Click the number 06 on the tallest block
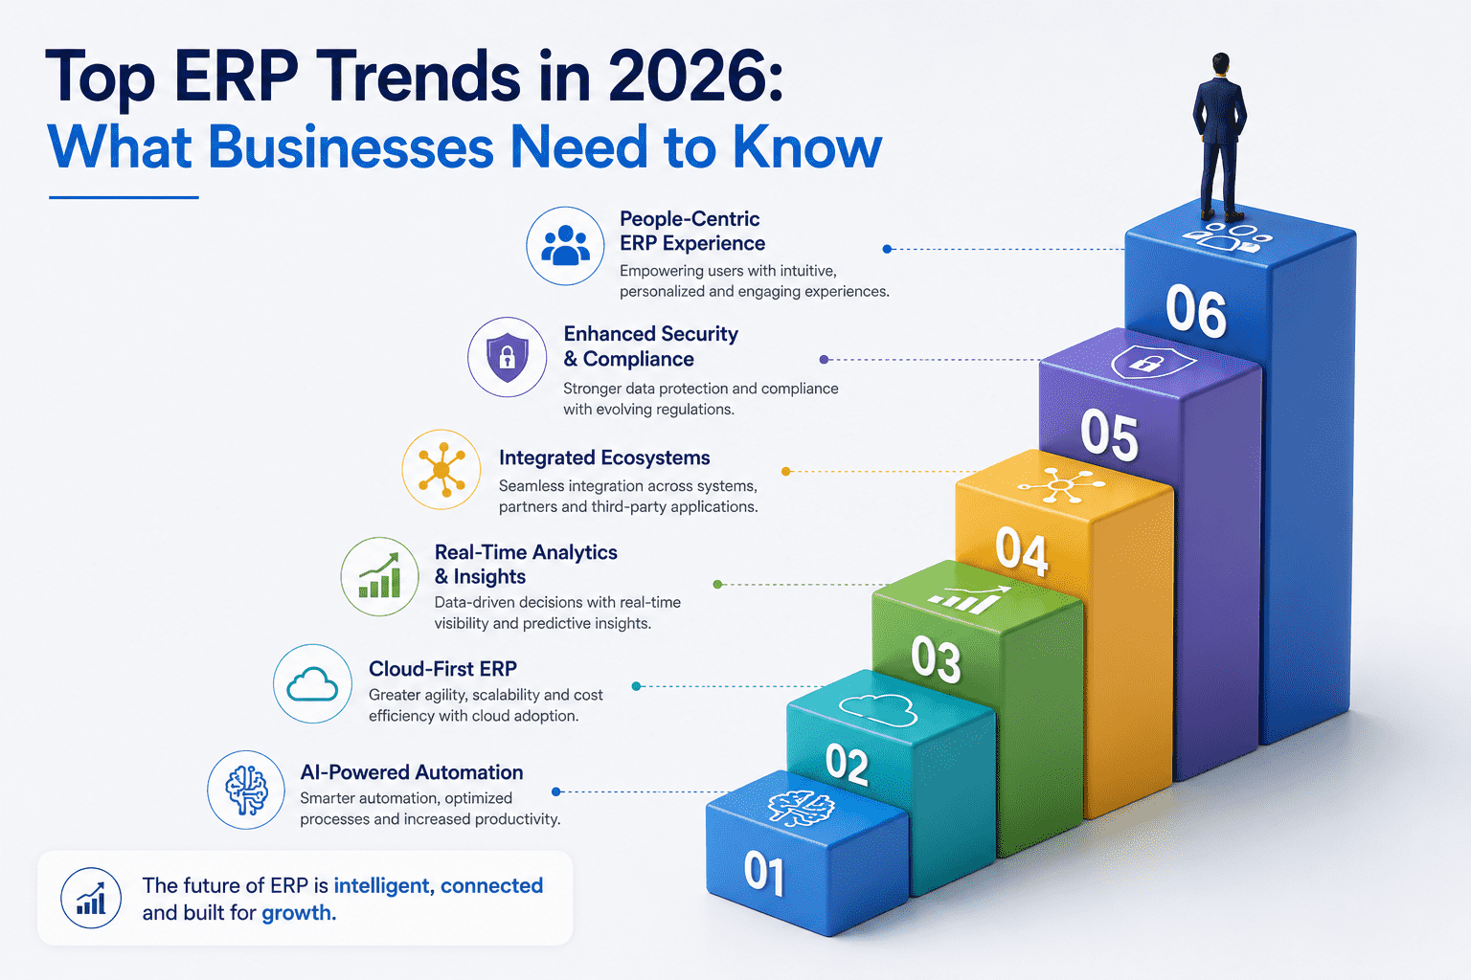1196,313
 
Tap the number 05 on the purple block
1109,434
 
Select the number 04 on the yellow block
1022,551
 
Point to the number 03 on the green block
936,660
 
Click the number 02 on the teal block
848,764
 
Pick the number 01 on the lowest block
764,874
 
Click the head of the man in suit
1220,64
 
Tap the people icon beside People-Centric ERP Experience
565,246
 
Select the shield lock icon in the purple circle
507,357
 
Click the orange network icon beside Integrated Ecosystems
441,469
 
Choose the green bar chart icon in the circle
379,576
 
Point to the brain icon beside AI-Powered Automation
246,791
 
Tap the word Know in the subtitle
807,147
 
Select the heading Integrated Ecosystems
604,457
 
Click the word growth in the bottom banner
299,913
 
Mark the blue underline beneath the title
124,197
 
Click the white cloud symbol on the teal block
878,709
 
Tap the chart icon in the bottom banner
91,898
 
